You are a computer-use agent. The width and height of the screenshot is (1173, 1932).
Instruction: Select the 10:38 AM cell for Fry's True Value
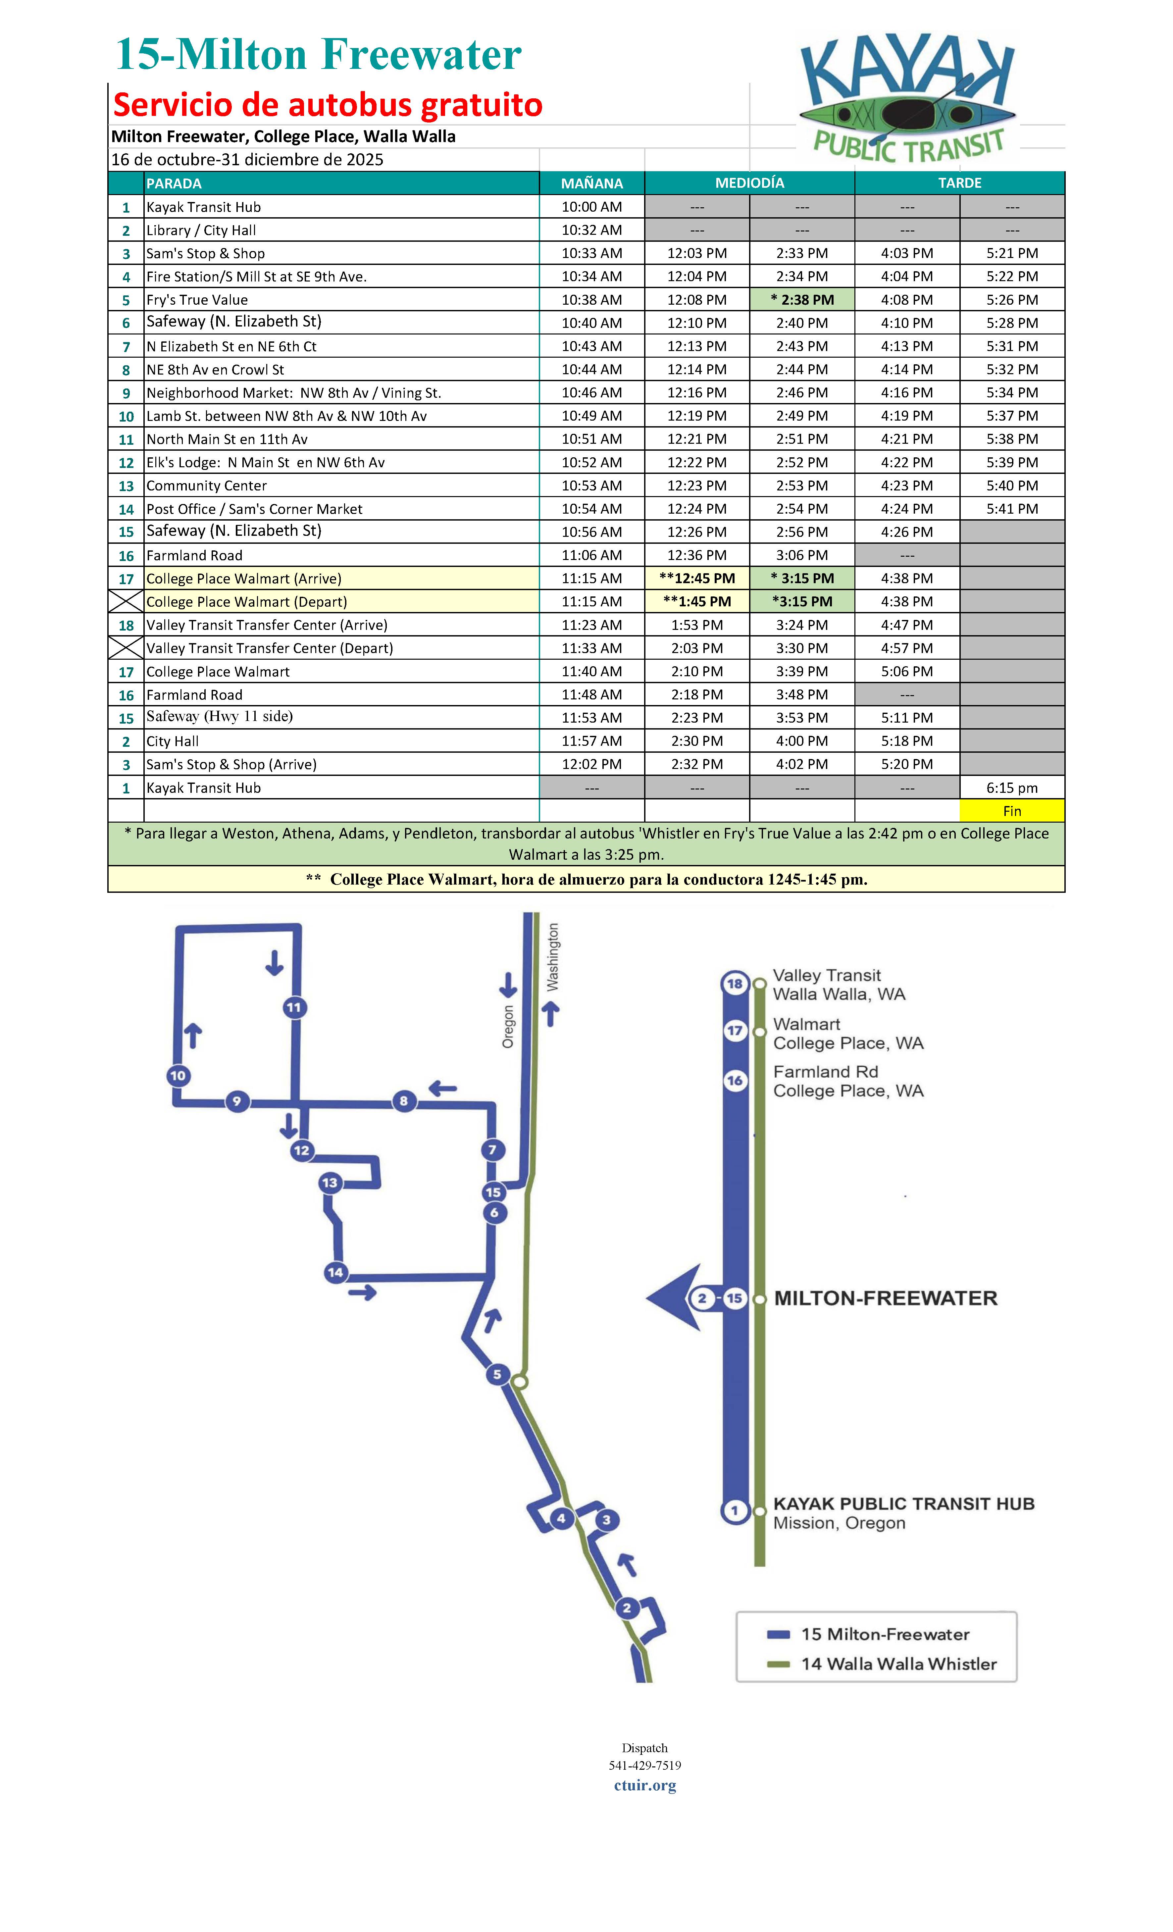592,299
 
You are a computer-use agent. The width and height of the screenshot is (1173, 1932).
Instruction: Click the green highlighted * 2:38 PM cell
802,299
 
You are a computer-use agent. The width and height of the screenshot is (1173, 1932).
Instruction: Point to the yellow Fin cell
1011,811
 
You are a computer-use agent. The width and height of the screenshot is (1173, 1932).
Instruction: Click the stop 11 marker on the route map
294,1007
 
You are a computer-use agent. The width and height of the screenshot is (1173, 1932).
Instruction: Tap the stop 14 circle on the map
335,1272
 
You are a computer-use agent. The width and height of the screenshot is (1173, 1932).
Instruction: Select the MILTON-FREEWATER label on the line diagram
885,1298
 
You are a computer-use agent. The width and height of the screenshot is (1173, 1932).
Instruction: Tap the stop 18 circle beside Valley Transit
735,983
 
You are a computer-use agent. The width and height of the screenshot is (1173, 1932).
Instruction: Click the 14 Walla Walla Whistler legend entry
898,1664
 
